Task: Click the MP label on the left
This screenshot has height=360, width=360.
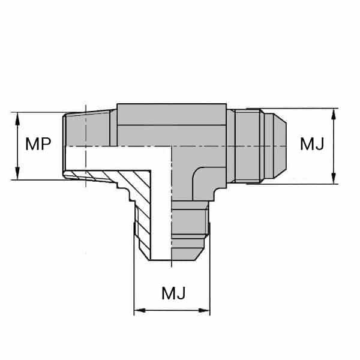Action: pos(37,145)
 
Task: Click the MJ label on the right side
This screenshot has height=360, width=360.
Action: pos(313,145)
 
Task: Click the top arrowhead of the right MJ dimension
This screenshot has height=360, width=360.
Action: pos(334,112)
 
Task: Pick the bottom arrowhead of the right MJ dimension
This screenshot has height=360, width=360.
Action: pos(334,179)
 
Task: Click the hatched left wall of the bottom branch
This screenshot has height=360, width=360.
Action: pos(144,228)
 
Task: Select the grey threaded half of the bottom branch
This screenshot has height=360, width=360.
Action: pos(190,231)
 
